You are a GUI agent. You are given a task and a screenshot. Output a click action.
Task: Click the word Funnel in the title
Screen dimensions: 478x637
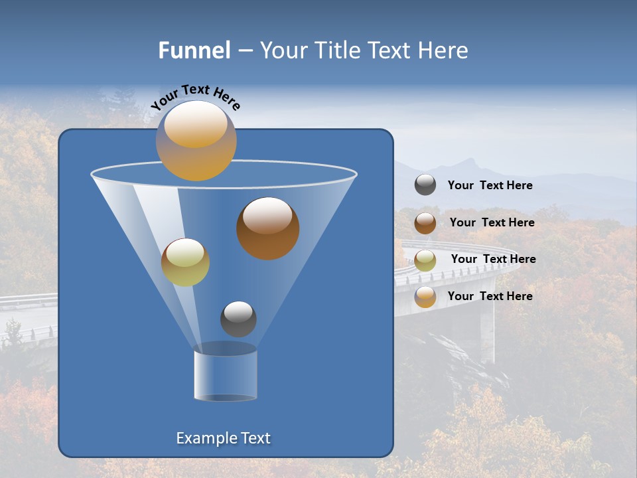194,50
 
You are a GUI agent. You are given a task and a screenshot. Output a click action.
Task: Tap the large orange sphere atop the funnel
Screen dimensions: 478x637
196,141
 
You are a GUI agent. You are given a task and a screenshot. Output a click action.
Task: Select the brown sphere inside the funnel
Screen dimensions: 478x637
267,228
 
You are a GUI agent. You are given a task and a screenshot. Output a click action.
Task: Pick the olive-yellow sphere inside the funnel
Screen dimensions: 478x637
185,262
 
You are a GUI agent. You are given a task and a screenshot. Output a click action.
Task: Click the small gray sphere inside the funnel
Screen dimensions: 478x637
238,319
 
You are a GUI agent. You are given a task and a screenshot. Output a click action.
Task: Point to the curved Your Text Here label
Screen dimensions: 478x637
195,98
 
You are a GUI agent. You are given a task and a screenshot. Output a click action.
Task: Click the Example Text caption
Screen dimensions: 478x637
224,438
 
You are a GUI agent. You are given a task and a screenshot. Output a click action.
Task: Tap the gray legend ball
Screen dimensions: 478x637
425,185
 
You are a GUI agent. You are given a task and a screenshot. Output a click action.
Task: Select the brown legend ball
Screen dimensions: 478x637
425,223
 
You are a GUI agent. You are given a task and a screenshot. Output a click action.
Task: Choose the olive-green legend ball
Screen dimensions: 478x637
425,260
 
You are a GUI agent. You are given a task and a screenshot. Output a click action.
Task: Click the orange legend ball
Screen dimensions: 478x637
425,297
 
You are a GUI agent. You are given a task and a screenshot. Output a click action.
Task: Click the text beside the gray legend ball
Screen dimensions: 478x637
490,186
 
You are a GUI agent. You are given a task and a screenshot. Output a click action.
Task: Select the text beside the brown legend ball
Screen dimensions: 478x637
492,223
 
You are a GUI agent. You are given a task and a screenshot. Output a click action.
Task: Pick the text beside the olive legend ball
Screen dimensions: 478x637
493,260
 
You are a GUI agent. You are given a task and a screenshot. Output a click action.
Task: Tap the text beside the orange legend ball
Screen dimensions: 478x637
490,296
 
